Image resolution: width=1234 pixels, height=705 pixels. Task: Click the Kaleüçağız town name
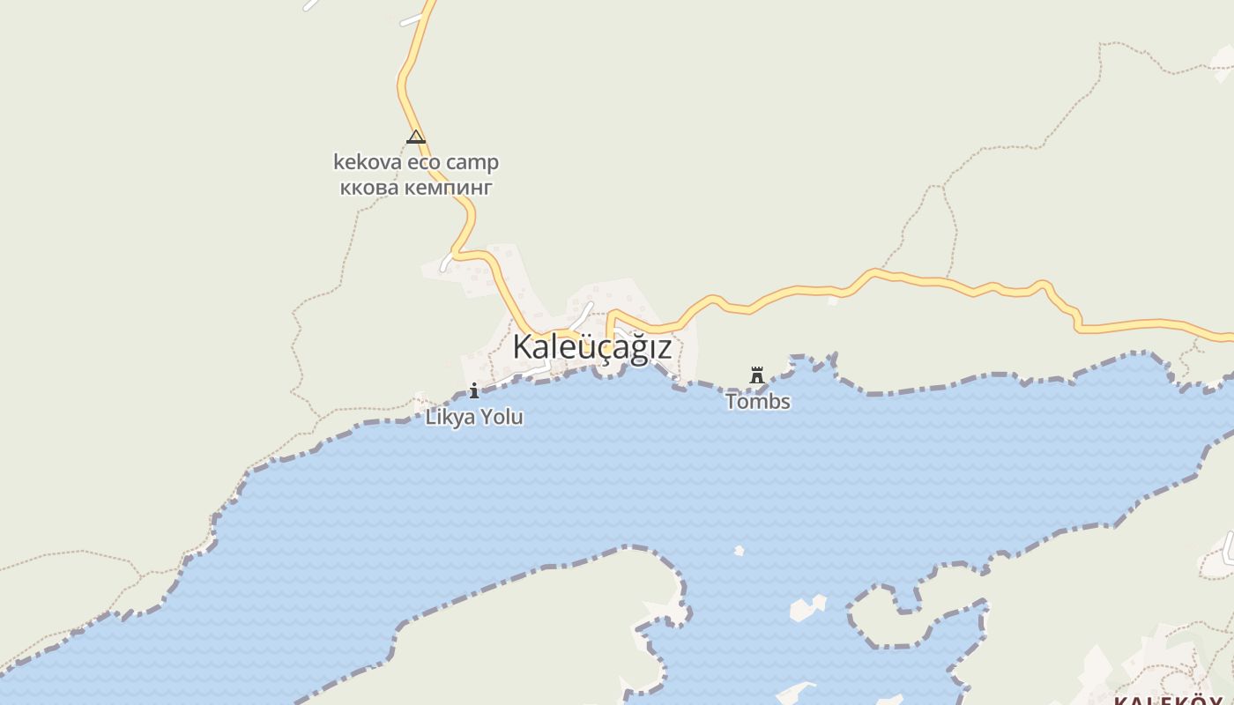click(591, 347)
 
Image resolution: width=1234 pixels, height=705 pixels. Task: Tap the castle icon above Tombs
click(756, 375)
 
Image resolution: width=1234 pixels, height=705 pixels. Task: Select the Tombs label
click(758, 402)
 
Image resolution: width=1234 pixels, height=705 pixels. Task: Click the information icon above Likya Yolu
click(474, 390)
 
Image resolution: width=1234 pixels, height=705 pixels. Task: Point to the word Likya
click(450, 417)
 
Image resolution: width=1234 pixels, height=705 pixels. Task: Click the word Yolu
click(502, 417)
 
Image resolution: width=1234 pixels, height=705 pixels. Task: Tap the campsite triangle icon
click(416, 137)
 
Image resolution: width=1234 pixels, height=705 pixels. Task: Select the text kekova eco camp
click(416, 162)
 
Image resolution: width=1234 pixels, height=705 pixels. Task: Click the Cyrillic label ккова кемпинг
click(416, 187)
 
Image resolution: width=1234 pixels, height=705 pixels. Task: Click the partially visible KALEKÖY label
click(1172, 701)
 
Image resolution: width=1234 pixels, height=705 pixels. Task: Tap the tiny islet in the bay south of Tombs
click(739, 551)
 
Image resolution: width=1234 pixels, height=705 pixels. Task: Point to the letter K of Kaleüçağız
click(523, 347)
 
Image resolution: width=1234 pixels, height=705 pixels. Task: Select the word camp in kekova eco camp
click(472, 162)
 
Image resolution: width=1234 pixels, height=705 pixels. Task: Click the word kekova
click(367, 162)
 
